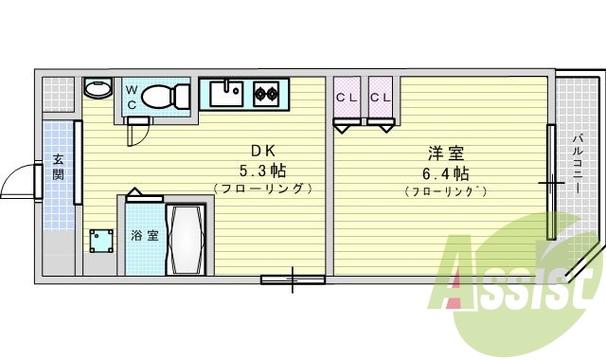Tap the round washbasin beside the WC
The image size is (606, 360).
click(97, 89)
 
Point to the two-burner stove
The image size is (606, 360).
click(264, 94)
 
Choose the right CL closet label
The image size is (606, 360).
click(381, 99)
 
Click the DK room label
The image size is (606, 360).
click(263, 151)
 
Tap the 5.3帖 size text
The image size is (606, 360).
click(263, 171)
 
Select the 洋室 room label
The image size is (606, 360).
click(446, 153)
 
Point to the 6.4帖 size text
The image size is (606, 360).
click(446, 173)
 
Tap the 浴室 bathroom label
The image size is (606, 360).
click(144, 235)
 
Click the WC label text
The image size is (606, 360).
click(132, 99)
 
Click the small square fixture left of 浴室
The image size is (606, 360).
click(99, 240)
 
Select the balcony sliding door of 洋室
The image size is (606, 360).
click(549, 181)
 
